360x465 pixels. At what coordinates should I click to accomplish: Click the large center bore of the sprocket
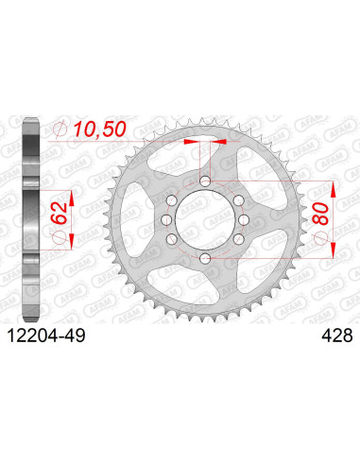204,220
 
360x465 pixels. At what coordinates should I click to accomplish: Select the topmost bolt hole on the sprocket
204,181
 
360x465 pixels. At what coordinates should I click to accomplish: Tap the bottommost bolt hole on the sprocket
204,258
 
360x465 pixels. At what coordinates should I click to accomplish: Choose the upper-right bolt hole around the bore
238,199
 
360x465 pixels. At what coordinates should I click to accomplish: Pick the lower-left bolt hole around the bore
171,239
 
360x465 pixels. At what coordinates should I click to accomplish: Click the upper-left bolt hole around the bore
171,199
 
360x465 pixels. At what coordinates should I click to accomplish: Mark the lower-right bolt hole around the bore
238,239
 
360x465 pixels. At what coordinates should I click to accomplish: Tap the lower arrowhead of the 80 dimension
332,252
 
